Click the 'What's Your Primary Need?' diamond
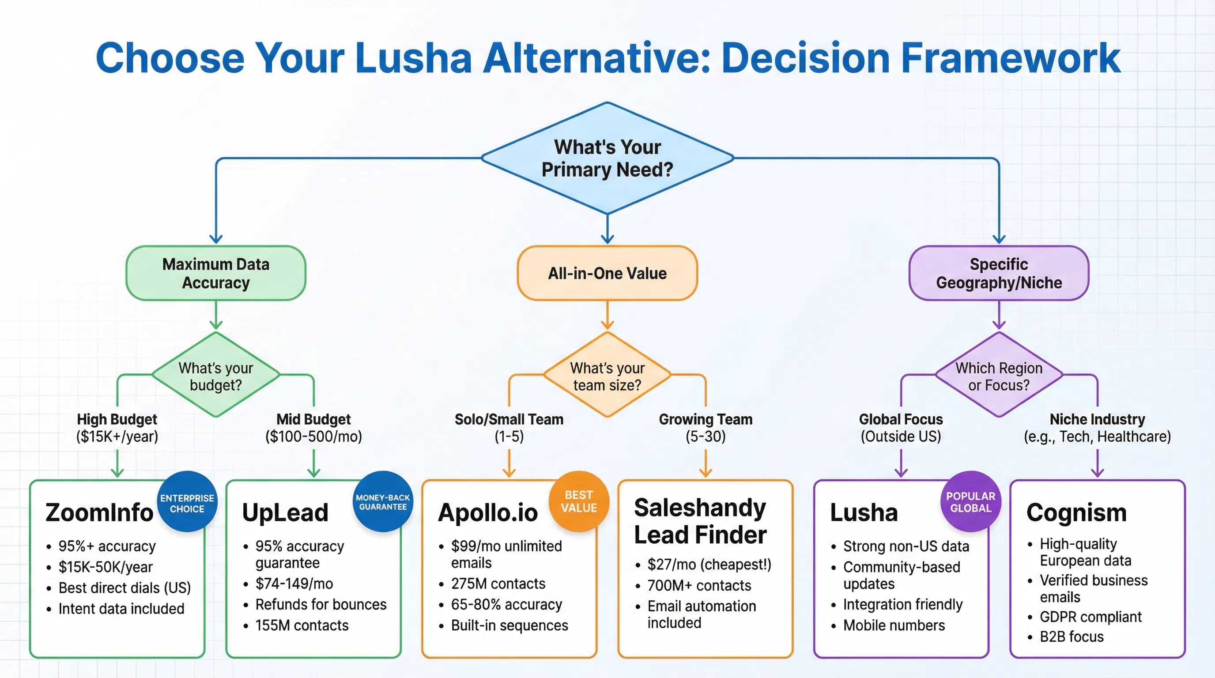(x=607, y=158)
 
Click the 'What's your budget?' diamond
(x=215, y=376)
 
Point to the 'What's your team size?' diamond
(x=607, y=376)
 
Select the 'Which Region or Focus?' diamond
(x=999, y=376)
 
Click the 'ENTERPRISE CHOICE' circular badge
(x=187, y=503)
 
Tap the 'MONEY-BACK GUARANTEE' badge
(x=382, y=502)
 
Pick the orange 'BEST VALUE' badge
(x=579, y=501)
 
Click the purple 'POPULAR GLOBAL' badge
(x=970, y=502)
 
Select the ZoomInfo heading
(x=99, y=512)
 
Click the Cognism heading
(x=1076, y=512)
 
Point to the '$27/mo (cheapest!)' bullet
(x=709, y=564)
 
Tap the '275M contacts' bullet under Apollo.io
(x=498, y=584)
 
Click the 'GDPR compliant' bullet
(x=1090, y=617)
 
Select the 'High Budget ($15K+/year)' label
(x=117, y=428)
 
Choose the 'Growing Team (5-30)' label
(x=705, y=428)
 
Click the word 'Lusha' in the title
(x=413, y=58)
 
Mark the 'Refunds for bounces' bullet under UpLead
(x=320, y=604)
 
